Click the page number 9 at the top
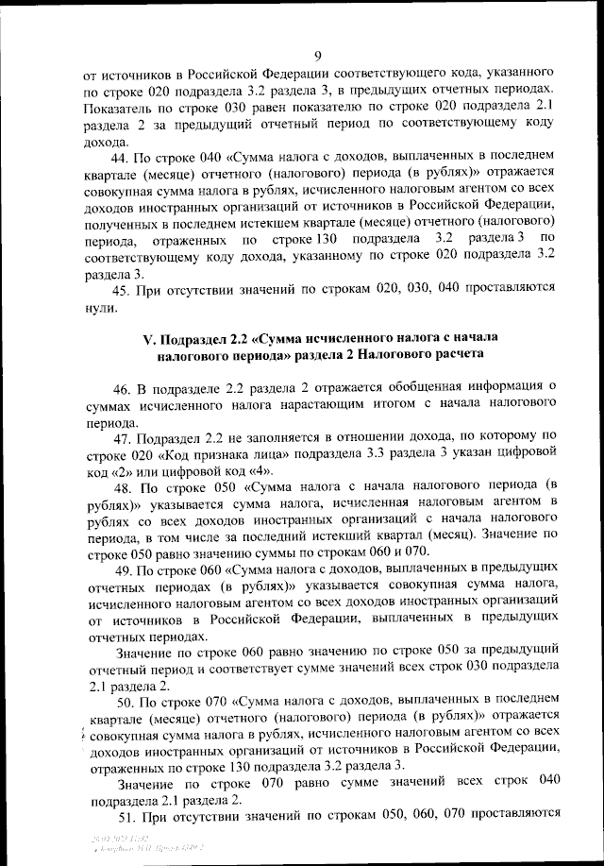(317, 55)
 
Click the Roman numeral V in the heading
(148, 337)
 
